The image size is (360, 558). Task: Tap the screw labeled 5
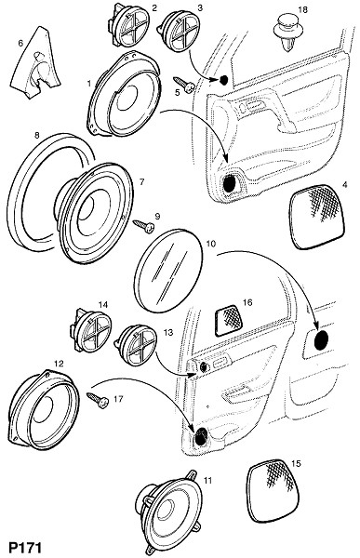coord(184,85)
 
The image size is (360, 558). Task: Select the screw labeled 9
coord(143,226)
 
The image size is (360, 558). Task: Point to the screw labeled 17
coord(98,401)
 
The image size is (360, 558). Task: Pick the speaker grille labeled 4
coord(317,217)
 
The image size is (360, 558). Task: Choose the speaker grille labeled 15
coord(273,491)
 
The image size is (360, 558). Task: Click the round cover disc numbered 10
coord(168,271)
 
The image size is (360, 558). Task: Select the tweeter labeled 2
coord(127,25)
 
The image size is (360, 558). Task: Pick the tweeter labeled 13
coord(137,346)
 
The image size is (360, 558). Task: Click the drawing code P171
coord(24,548)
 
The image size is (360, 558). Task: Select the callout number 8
coord(36,135)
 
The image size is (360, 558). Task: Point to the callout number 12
coord(59,364)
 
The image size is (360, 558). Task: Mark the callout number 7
coord(141,182)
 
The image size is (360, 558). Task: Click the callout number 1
coord(89,83)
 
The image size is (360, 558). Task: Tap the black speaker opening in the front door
coord(230,182)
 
